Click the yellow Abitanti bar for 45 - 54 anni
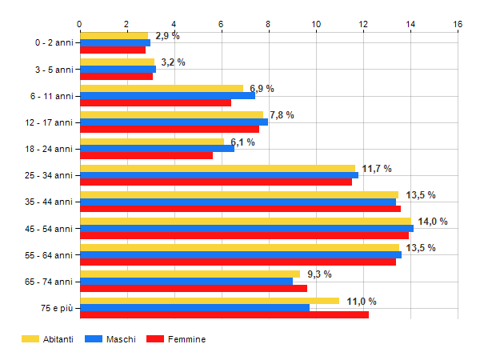coord(245,221)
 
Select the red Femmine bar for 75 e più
coord(224,314)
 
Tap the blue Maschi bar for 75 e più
coord(194,307)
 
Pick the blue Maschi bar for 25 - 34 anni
coord(218,175)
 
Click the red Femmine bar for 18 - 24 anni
coord(146,155)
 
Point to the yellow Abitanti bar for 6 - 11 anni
coord(161,89)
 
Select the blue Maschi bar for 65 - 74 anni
coord(186,281)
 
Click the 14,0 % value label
coord(433,222)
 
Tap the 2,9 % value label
coord(167,36)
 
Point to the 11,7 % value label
coord(377,169)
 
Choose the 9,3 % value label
coord(319,274)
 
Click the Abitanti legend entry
coord(48,339)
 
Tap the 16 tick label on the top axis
coord(458,24)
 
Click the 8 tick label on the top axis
coord(269,24)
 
